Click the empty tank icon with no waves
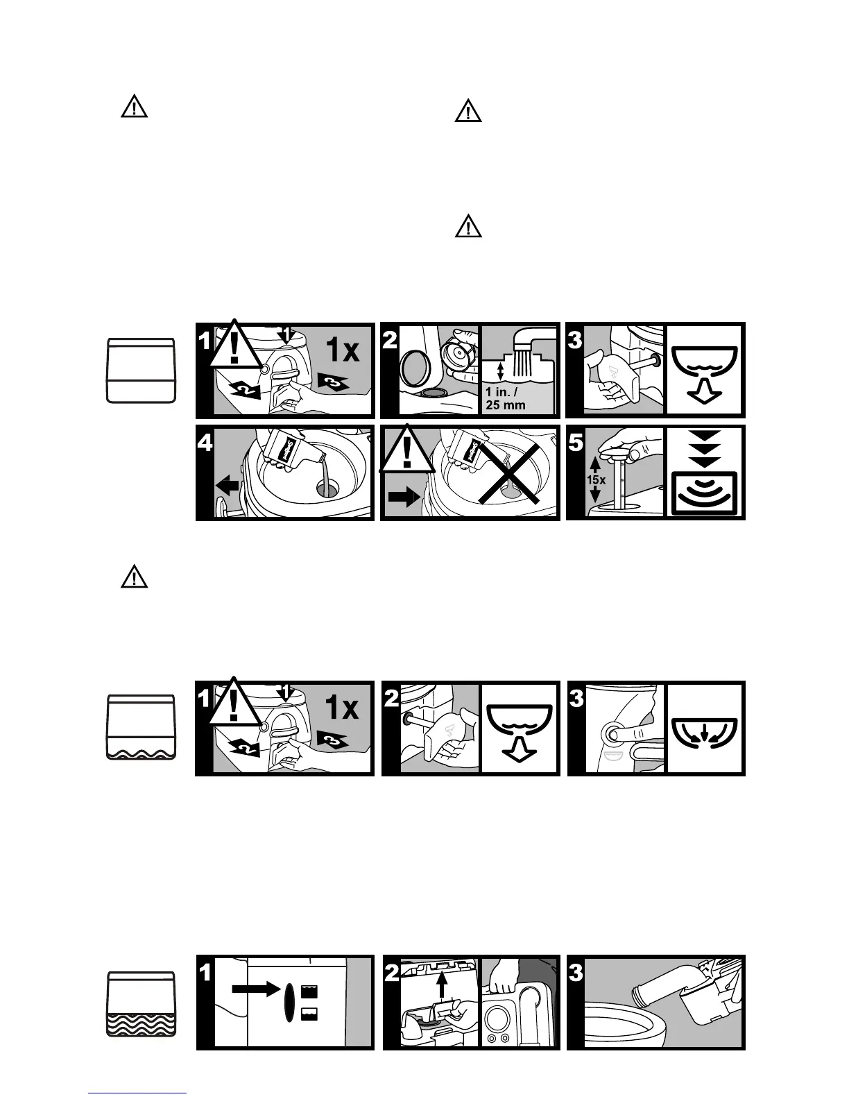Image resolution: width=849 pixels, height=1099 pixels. click(141, 370)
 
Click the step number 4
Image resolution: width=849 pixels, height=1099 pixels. click(206, 442)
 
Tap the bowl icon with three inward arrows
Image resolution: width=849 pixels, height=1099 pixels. click(704, 730)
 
